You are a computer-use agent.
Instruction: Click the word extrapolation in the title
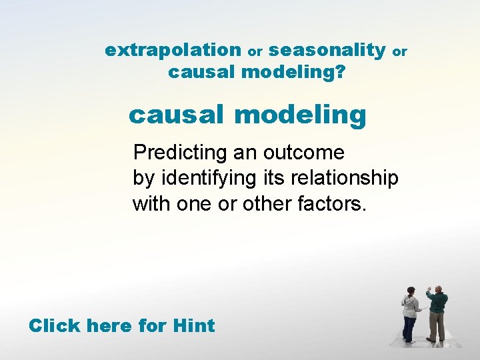pyautogui.click(x=173, y=50)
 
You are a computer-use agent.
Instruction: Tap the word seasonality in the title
pyautogui.click(x=327, y=50)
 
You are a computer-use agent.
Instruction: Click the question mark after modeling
pyautogui.click(x=341, y=71)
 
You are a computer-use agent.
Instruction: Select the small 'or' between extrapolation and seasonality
pyautogui.click(x=255, y=51)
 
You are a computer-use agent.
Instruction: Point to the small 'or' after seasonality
pyautogui.click(x=399, y=51)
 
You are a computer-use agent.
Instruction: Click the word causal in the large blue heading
pyautogui.click(x=175, y=115)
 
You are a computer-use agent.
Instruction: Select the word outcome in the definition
pyautogui.click(x=304, y=153)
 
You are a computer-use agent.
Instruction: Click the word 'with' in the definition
pyautogui.click(x=151, y=203)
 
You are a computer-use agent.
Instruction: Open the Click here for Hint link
pyautogui.click(x=121, y=326)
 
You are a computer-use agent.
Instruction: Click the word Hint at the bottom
pyautogui.click(x=193, y=326)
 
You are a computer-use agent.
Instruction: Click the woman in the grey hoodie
pyautogui.click(x=410, y=313)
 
